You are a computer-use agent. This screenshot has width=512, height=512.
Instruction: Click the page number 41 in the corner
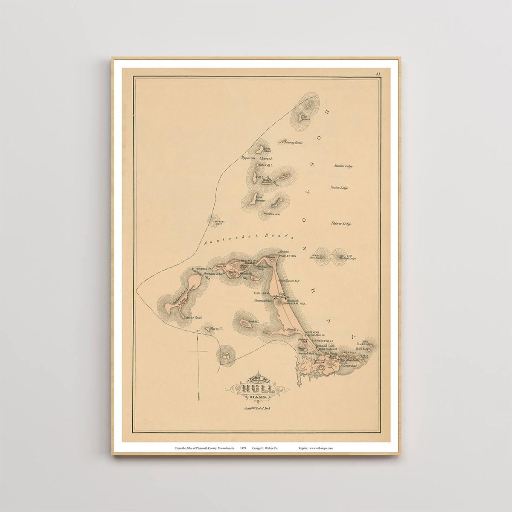click(x=378, y=74)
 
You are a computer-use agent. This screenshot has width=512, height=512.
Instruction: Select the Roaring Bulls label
click(x=291, y=141)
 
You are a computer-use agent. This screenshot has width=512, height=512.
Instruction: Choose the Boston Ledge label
click(x=340, y=187)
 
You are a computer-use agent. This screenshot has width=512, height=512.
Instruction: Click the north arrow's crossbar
click(x=198, y=351)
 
